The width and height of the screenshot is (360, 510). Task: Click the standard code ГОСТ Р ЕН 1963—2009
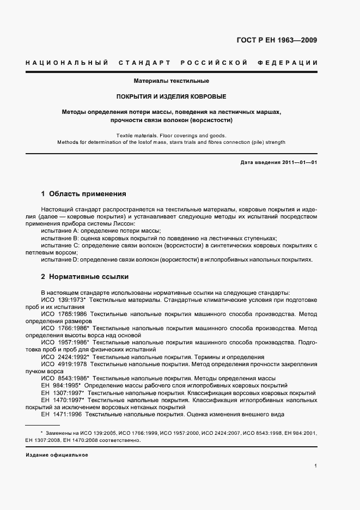point(277,40)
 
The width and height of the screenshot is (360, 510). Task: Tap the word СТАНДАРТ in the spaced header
point(144,63)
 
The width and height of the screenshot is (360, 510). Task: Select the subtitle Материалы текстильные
point(172,81)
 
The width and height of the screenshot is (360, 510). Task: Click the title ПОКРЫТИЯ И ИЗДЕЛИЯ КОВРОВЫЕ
point(172,96)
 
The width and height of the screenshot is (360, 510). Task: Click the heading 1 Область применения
point(84,193)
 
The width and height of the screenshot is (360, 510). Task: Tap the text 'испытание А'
point(60,231)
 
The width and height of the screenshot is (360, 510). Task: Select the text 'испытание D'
point(60,260)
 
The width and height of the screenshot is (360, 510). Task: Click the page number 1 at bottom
point(316,466)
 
